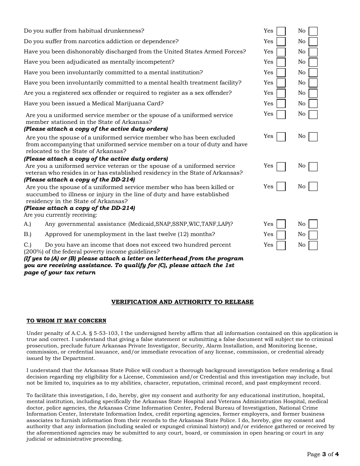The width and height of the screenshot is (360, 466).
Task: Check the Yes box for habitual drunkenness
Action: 281,31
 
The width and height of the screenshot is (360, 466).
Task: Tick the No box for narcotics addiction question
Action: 313,42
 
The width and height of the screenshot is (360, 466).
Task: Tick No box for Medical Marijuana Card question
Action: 313,104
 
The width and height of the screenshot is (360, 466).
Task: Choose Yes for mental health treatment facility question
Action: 281,83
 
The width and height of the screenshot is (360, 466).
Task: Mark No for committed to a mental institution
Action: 313,73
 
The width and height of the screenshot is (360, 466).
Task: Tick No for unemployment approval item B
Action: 313,235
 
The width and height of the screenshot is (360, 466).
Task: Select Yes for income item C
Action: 281,246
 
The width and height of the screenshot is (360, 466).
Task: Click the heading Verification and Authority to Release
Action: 182,302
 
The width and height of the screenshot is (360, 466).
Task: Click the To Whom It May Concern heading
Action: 66,321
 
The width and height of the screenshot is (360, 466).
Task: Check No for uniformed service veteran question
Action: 313,167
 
